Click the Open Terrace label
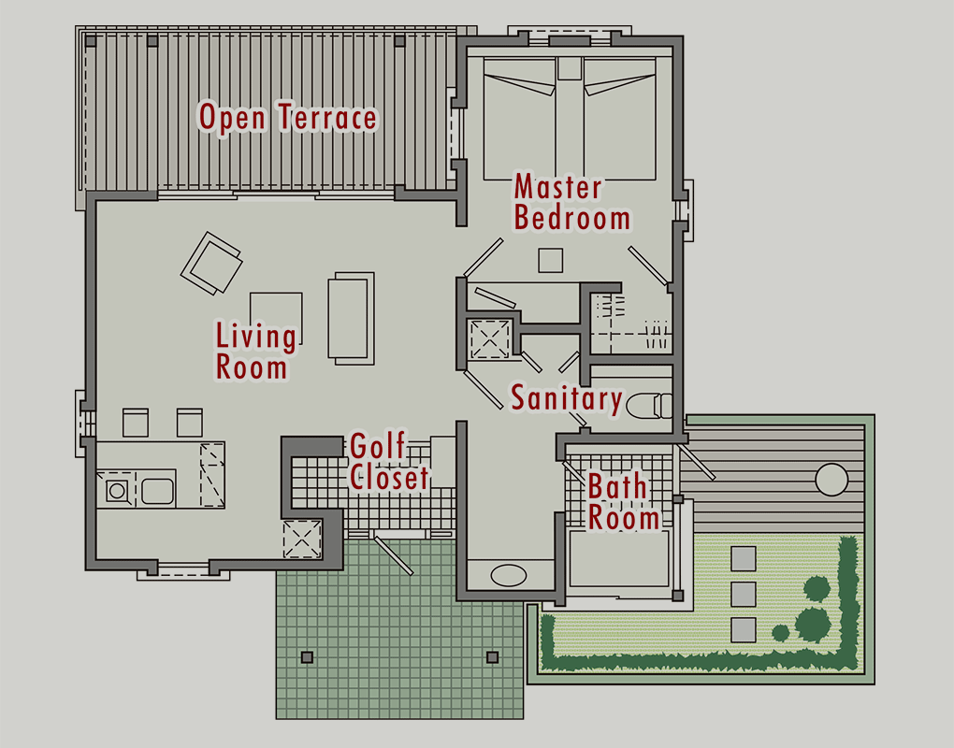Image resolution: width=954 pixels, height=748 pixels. [288, 118]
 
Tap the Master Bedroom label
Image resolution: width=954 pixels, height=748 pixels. [571, 203]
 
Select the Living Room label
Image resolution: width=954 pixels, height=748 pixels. [256, 351]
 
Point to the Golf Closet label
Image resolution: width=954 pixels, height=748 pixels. [389, 462]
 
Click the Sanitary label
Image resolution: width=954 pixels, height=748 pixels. [567, 398]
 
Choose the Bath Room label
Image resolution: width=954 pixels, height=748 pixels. [623, 502]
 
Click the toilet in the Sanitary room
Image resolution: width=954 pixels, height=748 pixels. [648, 406]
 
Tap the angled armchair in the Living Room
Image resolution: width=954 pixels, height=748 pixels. [211, 264]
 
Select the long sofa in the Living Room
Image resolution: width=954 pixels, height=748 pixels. [351, 318]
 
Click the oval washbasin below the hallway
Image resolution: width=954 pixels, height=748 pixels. [509, 575]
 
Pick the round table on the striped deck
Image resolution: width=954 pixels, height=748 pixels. [831, 480]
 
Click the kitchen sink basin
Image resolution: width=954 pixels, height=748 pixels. [157, 490]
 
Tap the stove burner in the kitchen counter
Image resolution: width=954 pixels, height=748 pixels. [118, 490]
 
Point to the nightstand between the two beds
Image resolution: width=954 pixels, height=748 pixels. [571, 68]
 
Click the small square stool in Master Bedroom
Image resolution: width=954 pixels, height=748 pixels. [551, 260]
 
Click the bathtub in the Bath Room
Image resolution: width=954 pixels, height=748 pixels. [619, 559]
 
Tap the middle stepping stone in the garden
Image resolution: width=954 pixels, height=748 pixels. [744, 594]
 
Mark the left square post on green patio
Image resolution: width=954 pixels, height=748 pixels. [308, 657]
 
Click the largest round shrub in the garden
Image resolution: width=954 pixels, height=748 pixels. [813, 624]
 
